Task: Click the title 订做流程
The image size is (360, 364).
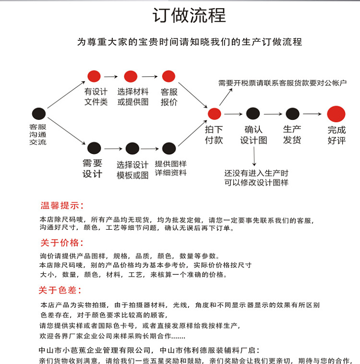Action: [189, 15]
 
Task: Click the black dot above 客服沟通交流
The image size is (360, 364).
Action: [38, 114]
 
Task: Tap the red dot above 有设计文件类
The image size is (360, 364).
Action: [94, 76]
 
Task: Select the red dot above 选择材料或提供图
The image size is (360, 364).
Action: [131, 76]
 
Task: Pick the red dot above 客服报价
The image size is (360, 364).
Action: [168, 76]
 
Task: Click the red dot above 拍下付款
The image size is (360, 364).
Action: [214, 114]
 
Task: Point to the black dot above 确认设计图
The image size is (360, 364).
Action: [253, 114]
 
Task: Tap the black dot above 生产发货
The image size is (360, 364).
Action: [292, 114]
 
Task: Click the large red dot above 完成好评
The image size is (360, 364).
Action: [336, 114]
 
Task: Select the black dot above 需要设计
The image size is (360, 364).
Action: [94, 148]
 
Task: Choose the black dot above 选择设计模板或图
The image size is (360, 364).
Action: [132, 148]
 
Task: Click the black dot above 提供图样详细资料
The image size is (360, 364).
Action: [169, 148]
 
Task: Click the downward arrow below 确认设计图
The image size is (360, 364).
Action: [254, 156]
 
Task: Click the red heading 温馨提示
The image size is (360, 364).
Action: [62, 206]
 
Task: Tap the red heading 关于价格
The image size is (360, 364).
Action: [61, 242]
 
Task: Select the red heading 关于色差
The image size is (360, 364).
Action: [60, 290]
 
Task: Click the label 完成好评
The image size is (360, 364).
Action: [336, 135]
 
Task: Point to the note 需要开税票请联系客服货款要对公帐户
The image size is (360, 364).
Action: [282, 83]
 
